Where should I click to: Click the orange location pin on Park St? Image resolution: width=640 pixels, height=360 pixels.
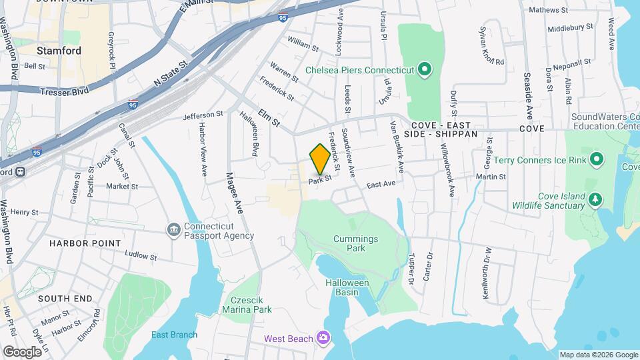tap(320, 159)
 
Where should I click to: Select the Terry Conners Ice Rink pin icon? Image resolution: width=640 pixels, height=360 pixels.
tap(597, 159)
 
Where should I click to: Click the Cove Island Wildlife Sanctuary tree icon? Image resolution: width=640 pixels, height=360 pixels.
tap(595, 199)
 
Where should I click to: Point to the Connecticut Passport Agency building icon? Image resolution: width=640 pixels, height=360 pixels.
tap(174, 230)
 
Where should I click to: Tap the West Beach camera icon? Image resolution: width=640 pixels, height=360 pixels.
tap(324, 339)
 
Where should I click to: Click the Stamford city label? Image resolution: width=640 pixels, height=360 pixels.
tap(59, 51)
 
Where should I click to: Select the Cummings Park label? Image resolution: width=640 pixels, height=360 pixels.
tap(357, 243)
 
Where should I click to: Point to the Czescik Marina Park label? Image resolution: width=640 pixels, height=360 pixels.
tap(249, 305)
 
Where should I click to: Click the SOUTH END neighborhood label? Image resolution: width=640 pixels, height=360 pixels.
tap(64, 299)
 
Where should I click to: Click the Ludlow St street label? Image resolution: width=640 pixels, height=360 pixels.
tap(140, 255)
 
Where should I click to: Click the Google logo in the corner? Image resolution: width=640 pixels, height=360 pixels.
tap(22, 351)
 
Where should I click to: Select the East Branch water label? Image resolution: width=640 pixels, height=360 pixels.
tap(174, 335)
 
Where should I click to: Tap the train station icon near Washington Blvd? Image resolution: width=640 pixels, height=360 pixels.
tap(21, 171)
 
